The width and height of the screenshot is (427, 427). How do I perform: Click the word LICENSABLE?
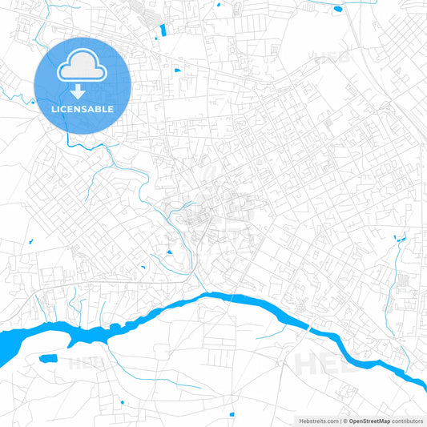click(82, 109)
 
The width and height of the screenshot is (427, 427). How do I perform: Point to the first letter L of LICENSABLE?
click(52, 109)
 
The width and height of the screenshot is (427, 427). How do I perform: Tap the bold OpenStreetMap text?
click(369, 421)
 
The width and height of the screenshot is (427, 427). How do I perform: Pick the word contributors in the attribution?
click(407, 421)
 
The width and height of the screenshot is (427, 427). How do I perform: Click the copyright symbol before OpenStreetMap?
click(344, 421)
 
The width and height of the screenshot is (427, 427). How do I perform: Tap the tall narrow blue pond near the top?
click(163, 30)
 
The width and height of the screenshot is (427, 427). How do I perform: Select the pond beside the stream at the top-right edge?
click(337, 9)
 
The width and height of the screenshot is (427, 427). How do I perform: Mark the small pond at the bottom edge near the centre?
click(232, 413)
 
